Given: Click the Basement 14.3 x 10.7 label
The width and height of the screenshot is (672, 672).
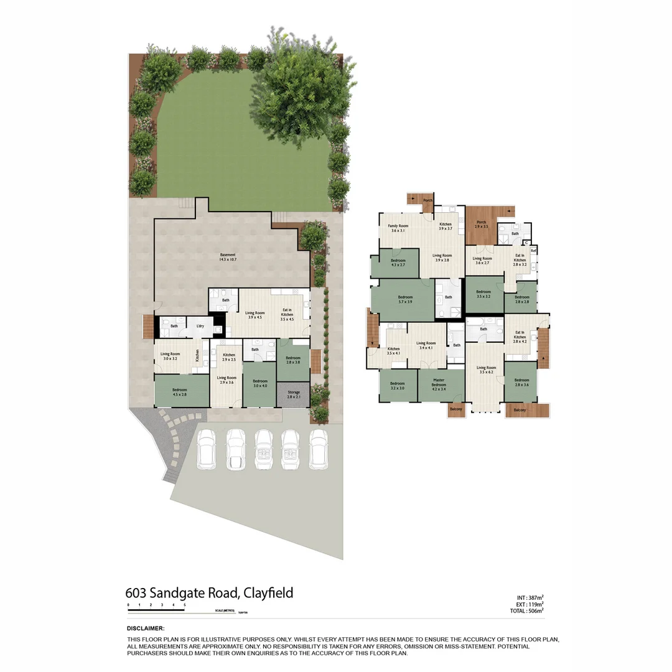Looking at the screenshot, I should point(228,257).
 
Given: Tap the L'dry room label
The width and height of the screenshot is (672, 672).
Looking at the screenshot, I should point(200,327).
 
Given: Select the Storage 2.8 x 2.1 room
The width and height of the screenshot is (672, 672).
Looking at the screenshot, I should point(294,394).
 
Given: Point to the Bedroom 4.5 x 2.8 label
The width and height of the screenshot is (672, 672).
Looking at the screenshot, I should point(180,391).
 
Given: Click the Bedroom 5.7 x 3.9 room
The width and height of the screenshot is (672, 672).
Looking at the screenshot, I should point(405,299).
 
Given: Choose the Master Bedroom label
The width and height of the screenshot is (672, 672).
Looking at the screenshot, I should point(439,386).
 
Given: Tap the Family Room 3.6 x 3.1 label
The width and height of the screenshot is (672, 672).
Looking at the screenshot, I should point(398,228).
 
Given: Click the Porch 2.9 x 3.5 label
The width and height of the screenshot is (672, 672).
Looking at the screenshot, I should point(482,225).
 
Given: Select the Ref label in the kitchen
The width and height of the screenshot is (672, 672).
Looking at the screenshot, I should point(533,251).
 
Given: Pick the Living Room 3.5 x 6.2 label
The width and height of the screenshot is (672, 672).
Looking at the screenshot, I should point(485,370).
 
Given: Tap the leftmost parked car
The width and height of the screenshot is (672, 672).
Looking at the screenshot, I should point(206,449).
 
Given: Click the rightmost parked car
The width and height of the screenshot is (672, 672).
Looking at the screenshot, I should point(319,449).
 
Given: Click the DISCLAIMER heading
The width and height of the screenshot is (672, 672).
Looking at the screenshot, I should point(145,628).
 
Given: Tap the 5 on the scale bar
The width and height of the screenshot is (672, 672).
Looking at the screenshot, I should point(184,605).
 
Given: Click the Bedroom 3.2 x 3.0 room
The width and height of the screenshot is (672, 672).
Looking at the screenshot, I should point(398,385).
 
